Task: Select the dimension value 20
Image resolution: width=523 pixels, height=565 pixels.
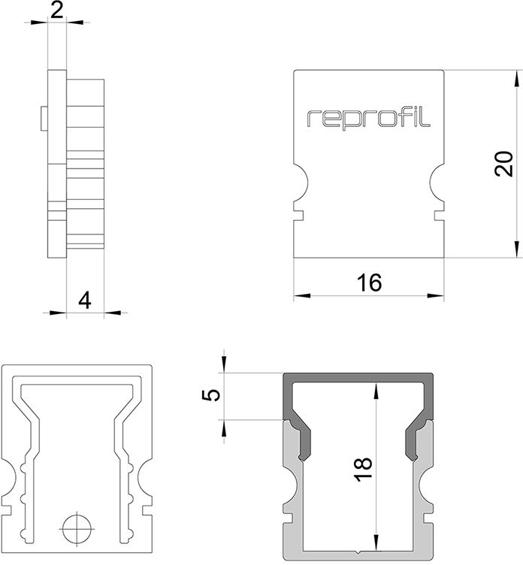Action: (505, 164)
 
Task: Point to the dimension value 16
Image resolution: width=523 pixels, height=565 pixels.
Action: (370, 282)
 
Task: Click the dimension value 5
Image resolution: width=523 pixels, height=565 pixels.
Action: (214, 394)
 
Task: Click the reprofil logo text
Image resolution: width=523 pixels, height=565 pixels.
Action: (369, 118)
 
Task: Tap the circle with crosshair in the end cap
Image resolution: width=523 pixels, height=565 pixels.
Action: (77, 527)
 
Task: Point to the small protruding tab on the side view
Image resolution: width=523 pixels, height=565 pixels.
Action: (43, 116)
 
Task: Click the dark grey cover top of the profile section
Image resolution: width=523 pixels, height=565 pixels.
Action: (359, 378)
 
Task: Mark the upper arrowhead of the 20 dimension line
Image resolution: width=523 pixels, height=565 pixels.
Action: (516, 77)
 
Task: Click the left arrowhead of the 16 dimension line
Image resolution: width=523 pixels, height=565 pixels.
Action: (298, 295)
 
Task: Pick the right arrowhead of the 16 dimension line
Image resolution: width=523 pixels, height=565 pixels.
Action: (441, 295)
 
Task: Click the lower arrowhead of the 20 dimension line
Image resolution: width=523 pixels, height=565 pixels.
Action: (516, 252)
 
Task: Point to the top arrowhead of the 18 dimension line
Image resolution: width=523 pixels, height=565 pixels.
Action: (375, 388)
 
